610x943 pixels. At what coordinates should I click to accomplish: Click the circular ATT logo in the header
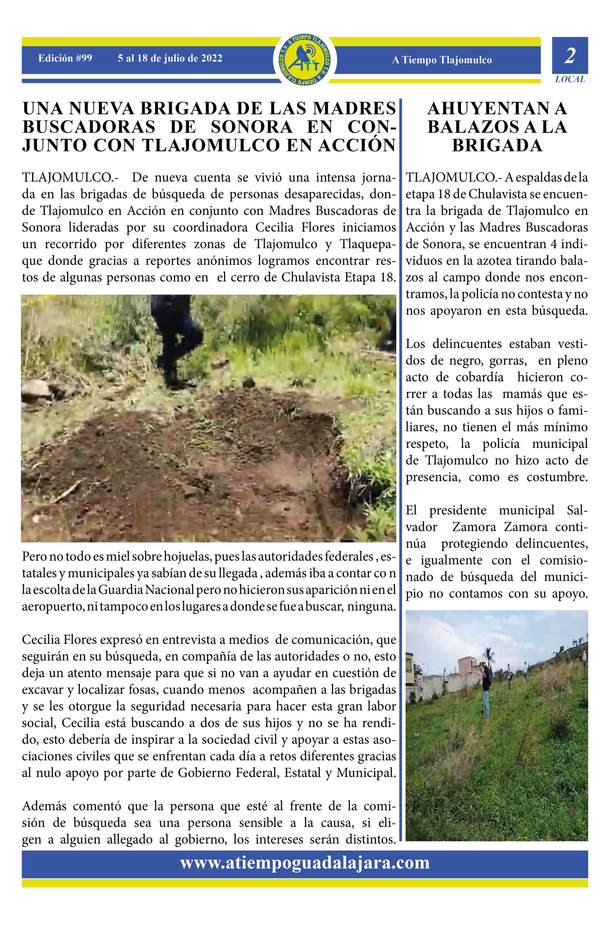[305, 59]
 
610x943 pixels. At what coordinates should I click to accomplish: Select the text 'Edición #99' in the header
[65, 58]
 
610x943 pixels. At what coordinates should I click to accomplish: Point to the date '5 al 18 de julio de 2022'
[169, 58]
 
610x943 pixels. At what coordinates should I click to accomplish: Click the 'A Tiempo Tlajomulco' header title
[442, 60]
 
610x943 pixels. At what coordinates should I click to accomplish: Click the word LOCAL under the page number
[569, 79]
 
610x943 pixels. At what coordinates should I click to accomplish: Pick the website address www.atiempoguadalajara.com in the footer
[305, 862]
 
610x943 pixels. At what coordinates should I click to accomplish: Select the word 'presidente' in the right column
[458, 511]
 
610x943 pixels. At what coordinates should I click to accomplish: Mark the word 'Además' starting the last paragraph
[43, 806]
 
